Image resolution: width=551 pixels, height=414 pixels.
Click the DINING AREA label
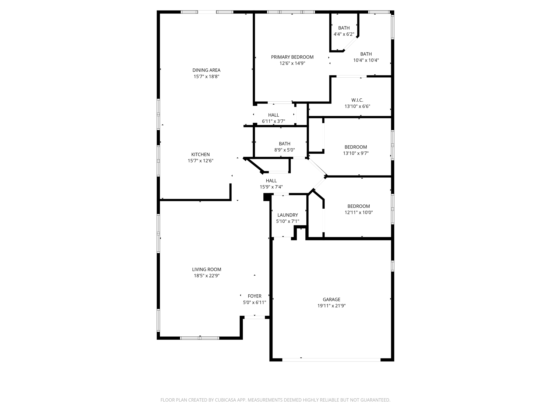point(206,70)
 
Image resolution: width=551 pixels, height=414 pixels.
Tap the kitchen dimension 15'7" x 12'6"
point(200,161)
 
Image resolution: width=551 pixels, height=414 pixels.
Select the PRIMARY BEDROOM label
point(292,57)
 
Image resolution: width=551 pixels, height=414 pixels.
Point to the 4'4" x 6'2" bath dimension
point(344,34)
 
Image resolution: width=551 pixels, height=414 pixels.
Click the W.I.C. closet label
point(357,100)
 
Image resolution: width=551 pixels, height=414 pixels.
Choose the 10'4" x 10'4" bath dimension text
point(366,60)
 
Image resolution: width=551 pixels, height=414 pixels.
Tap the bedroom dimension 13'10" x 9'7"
point(356,153)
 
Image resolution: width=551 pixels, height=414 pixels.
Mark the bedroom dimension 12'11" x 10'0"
point(359,212)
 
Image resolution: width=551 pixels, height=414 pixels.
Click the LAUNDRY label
point(288,215)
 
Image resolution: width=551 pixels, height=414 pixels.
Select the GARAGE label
point(331,299)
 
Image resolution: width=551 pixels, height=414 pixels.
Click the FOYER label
point(255,296)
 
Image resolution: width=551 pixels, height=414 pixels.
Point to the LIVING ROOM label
point(207,270)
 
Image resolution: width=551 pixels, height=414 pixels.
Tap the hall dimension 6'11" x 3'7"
point(273,121)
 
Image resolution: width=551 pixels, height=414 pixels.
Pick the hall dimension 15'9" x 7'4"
point(271,187)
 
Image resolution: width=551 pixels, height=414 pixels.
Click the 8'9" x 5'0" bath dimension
point(285,150)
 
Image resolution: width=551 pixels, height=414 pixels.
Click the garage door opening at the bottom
point(331,360)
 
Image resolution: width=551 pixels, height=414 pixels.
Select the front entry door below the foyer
point(255,318)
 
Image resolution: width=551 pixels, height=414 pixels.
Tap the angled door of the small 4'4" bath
point(350,44)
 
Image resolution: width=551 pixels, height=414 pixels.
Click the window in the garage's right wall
point(393,266)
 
